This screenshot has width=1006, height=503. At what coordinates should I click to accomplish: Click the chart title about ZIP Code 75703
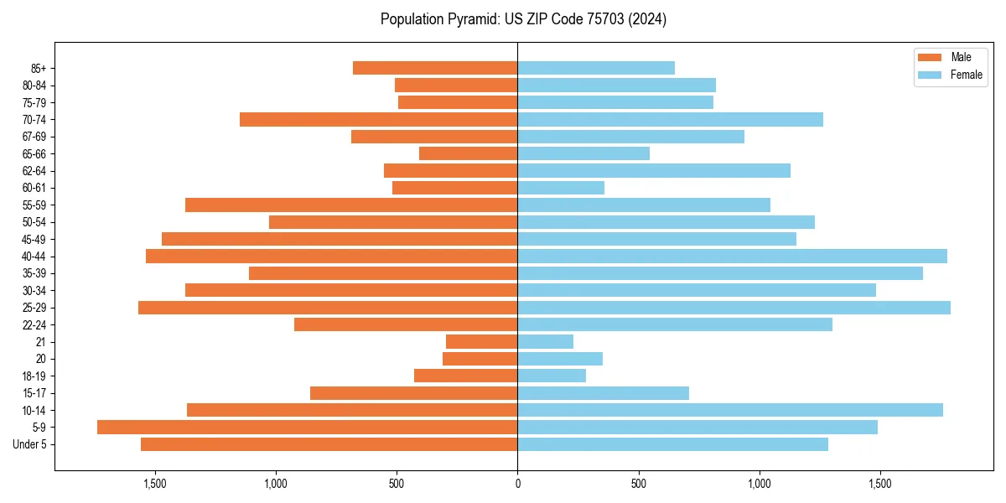tap(523, 19)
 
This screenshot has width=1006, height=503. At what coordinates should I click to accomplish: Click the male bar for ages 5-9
tap(307, 428)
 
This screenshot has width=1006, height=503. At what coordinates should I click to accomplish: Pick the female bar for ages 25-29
tap(734, 308)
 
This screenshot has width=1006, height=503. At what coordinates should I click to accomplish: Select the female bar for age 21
tap(545, 342)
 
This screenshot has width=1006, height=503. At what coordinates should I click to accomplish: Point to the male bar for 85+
tap(435, 68)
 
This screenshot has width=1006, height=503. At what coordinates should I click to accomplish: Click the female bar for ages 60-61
tap(561, 188)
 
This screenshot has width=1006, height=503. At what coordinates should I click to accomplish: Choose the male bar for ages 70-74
tap(378, 120)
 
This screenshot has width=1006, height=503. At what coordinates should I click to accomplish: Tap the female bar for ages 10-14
tap(730, 410)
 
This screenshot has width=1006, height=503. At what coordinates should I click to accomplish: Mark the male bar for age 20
tap(480, 359)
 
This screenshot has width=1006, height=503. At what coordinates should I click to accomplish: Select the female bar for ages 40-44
tap(732, 257)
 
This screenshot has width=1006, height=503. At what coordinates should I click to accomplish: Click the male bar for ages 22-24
tap(406, 324)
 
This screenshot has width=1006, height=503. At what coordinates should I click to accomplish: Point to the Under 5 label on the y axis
tap(30, 444)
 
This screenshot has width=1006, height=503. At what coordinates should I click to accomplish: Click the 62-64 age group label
tap(34, 171)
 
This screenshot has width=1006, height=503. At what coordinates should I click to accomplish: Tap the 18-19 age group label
tap(34, 376)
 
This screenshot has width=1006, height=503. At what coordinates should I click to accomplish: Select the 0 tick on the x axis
tap(517, 484)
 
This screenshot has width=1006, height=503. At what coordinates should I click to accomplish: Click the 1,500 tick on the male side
tap(154, 484)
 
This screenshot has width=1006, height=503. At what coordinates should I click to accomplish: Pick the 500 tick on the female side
tap(639, 484)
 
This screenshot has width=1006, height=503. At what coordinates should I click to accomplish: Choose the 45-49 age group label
tap(34, 239)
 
